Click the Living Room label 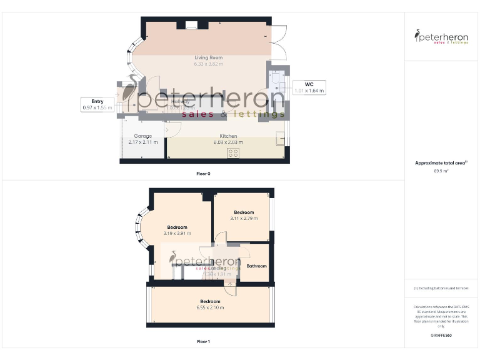tap(208, 57)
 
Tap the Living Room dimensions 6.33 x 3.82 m tap(208, 64)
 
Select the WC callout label tap(309, 84)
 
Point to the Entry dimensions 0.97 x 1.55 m tap(97, 107)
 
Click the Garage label tap(143, 136)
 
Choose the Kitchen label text tap(227, 136)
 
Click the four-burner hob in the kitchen tap(234, 152)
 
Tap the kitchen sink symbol tap(279, 138)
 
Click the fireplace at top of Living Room tap(191, 26)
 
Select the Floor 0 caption tap(203, 173)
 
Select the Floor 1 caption tap(203, 341)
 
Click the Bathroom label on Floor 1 tap(256, 266)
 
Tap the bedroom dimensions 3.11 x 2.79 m tap(244, 219)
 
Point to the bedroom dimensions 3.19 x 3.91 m tap(177, 233)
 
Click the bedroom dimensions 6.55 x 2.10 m tap(210, 307)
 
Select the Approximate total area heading tap(441, 162)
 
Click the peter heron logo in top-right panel tap(441, 36)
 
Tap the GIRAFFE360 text tap(441, 336)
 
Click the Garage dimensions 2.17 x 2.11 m tap(143, 142)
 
